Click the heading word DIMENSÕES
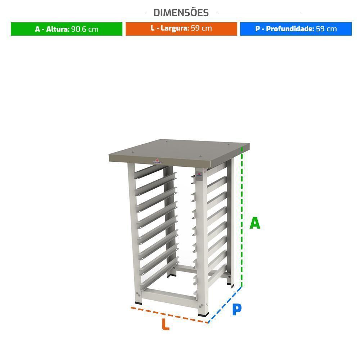click(x=181, y=13)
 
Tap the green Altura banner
click(x=67, y=29)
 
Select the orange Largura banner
click(x=181, y=29)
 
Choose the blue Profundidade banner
click(x=296, y=29)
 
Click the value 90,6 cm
click(x=85, y=29)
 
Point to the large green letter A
click(x=255, y=223)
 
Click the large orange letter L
click(x=166, y=324)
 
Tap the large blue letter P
click(x=237, y=309)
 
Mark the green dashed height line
click(x=242, y=217)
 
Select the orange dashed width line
click(x=169, y=315)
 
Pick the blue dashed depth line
click(x=225, y=305)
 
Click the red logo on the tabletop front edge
click(x=157, y=161)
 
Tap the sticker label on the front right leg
click(x=199, y=176)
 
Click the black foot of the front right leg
click(x=203, y=314)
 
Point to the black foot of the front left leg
click(x=139, y=303)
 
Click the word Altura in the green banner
click(x=58, y=29)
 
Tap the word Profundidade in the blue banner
click(x=290, y=29)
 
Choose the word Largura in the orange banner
click(x=175, y=28)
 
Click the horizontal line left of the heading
click(x=102, y=12)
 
